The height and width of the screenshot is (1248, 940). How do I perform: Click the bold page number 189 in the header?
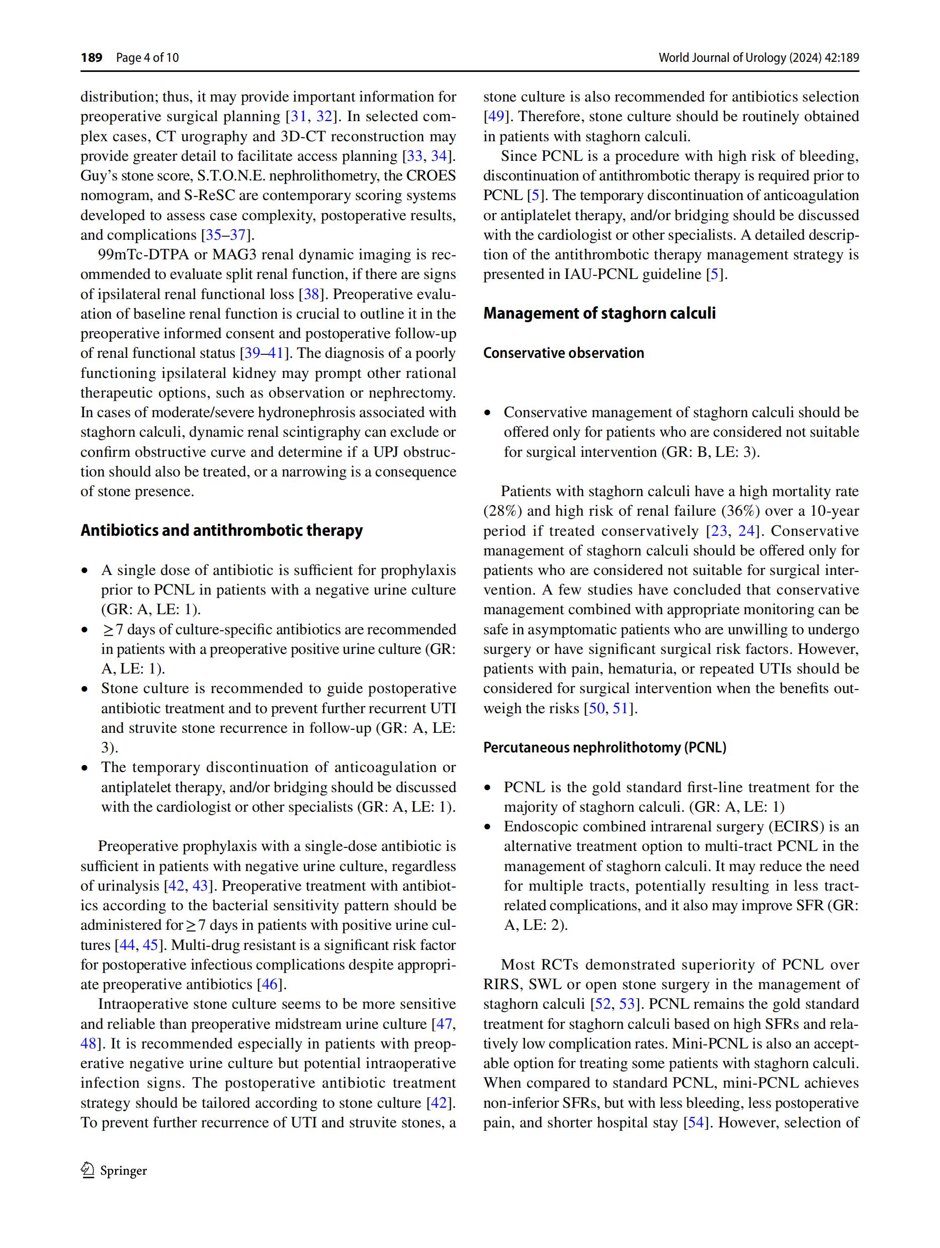[x=91, y=57]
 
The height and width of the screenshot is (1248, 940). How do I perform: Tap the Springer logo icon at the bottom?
[x=88, y=1170]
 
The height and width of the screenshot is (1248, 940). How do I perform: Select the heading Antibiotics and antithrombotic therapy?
[x=221, y=530]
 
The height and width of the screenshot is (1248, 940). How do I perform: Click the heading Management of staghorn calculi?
[x=599, y=313]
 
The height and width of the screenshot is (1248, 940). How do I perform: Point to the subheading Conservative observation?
[x=563, y=353]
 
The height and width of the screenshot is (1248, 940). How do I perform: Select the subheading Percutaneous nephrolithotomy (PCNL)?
[x=604, y=747]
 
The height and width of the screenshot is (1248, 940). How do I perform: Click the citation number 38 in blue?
[x=312, y=294]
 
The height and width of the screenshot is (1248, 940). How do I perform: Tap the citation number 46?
[x=269, y=984]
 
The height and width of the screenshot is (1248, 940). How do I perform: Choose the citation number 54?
[x=695, y=1122]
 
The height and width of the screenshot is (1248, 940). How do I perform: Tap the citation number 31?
[x=298, y=117]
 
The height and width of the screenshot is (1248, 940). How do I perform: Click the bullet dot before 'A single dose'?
[x=86, y=570]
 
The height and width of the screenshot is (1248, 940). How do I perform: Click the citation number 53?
[x=627, y=1004]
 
